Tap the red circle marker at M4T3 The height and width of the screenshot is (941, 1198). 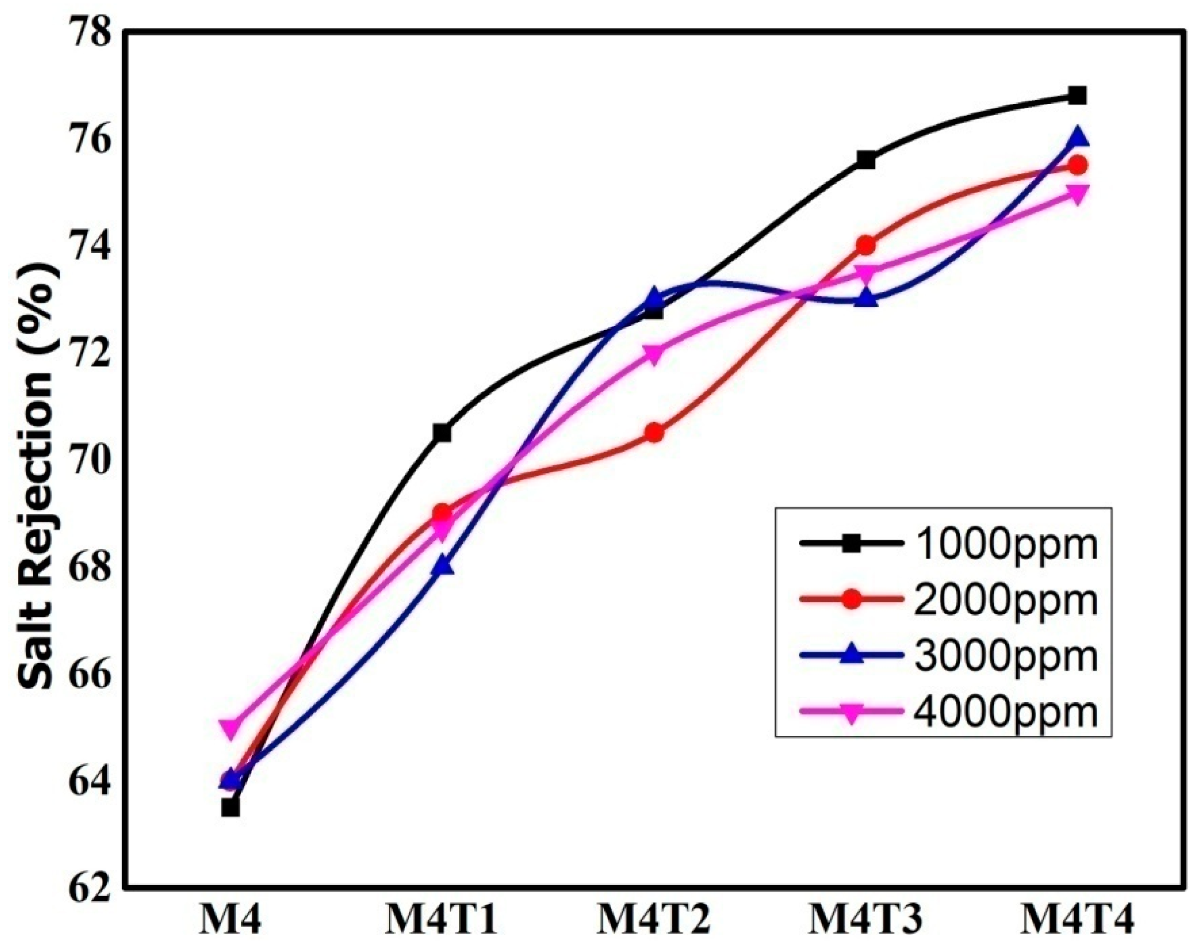(866, 245)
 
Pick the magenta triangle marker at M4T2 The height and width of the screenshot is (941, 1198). (654, 353)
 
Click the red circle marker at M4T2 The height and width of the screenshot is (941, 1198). (654, 433)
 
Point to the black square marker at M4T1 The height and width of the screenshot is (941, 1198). (442, 433)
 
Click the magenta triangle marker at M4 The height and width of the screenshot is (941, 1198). (230, 728)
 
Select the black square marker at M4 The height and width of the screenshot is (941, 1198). (230, 808)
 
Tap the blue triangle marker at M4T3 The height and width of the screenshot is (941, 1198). (866, 298)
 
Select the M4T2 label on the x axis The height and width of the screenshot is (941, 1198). (654, 921)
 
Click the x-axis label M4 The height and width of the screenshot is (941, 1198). (230, 921)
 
